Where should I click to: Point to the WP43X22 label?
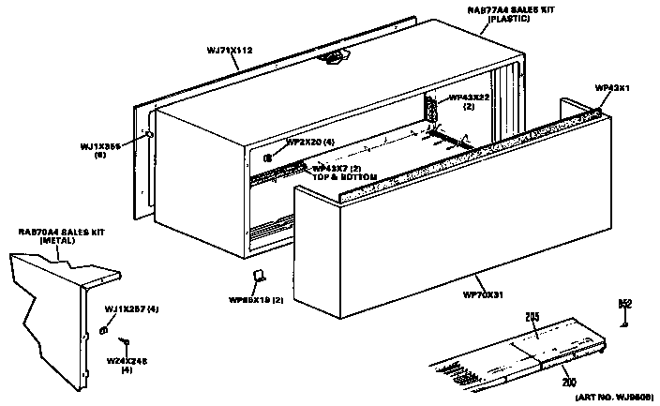[468, 98]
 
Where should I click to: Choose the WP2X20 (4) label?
[309, 143]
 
